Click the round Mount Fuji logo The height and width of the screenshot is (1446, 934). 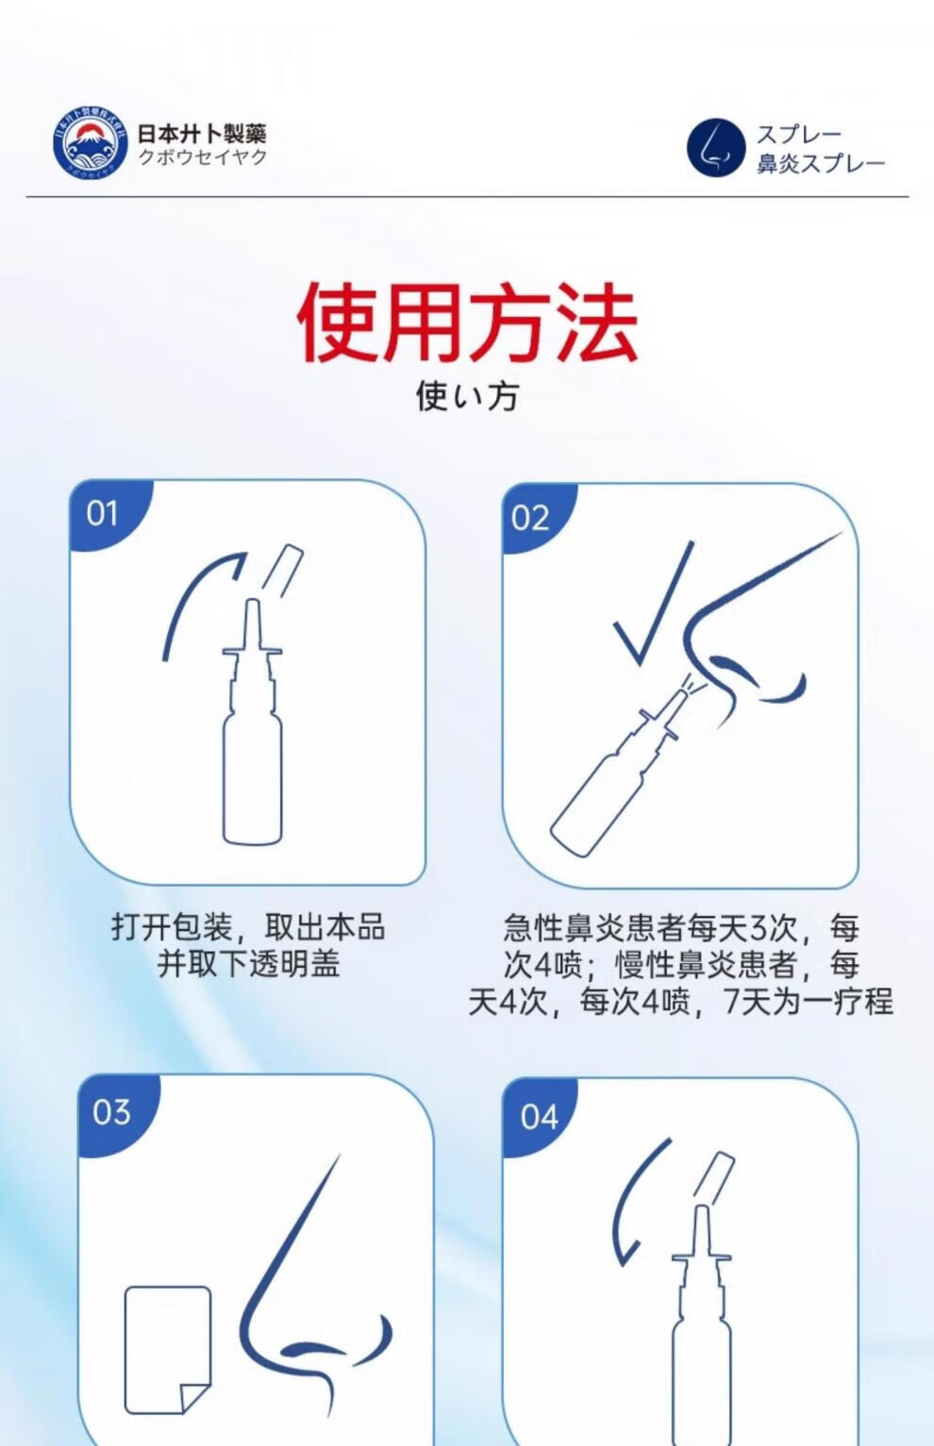coord(91,142)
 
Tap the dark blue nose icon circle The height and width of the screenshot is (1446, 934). coord(716,147)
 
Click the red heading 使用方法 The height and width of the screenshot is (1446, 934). coord(467,322)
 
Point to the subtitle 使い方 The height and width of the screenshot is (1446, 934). coord(467,395)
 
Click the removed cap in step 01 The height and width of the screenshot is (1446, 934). coord(282,571)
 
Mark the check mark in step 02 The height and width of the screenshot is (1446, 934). coord(652,604)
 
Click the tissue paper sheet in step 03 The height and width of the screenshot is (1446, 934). coord(168,1340)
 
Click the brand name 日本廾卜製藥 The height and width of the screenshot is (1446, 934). coord(202,134)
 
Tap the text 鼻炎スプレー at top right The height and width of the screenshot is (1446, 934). coord(821,163)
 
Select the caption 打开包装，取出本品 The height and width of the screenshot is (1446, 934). coord(248,927)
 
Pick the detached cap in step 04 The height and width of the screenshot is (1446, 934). coord(714,1177)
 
